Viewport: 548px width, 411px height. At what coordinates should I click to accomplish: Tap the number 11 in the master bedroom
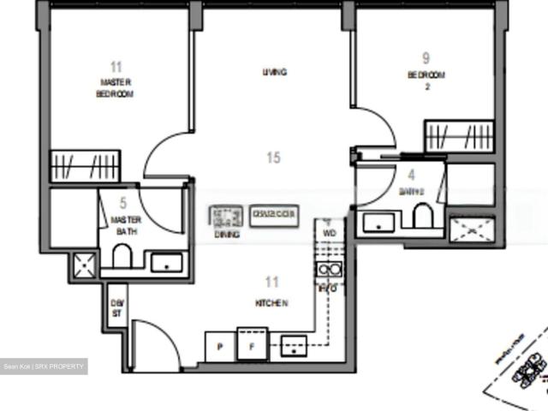tap(116, 67)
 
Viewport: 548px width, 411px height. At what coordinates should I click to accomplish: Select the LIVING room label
tap(274, 73)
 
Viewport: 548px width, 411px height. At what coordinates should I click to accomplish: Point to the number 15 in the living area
tap(273, 158)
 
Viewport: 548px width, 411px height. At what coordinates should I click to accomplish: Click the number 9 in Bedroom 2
tap(426, 59)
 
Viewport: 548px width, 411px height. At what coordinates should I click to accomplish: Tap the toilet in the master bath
tap(122, 256)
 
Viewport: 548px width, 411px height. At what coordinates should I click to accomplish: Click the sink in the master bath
tap(166, 262)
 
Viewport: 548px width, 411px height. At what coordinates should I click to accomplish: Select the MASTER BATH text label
tap(126, 225)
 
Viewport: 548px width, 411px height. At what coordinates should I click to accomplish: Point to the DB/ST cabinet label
tap(116, 307)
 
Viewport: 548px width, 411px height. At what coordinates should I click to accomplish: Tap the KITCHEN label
tap(271, 303)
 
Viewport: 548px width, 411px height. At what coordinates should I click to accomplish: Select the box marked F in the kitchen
tap(252, 348)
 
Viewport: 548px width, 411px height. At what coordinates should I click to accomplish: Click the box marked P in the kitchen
tap(220, 348)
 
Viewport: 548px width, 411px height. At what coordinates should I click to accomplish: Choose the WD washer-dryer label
tap(330, 231)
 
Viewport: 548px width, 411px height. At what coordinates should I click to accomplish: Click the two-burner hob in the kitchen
tap(329, 271)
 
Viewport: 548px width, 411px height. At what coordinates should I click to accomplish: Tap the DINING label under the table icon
tap(227, 233)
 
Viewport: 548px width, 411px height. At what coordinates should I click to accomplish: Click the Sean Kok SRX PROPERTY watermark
tap(44, 366)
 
